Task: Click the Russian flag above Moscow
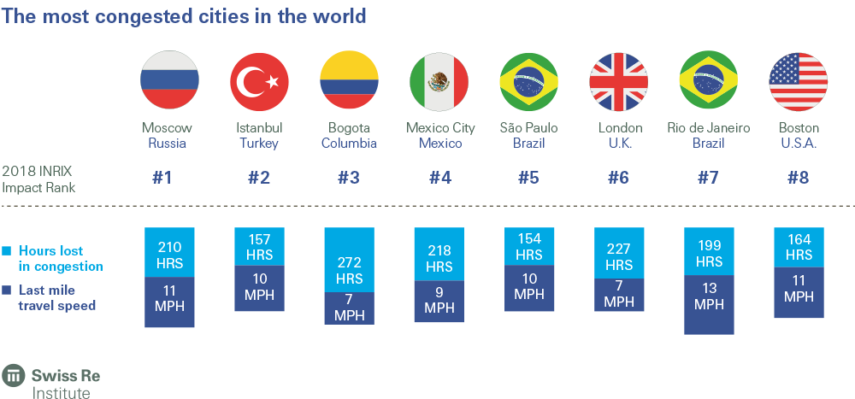(169, 81)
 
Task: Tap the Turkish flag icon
(259, 81)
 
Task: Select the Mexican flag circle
(439, 81)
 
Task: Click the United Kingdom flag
(618, 81)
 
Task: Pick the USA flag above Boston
(799, 81)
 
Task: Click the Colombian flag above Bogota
(349, 81)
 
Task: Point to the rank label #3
(349, 179)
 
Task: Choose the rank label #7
(708, 179)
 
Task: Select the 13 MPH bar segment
(708, 296)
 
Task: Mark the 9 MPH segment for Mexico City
(439, 300)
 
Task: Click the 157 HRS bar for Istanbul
(259, 246)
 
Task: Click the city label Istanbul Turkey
(259, 136)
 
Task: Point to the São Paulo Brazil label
(528, 136)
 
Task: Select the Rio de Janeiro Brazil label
(708, 136)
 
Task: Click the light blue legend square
(7, 251)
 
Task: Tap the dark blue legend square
(7, 290)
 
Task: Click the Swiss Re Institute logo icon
(14, 376)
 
